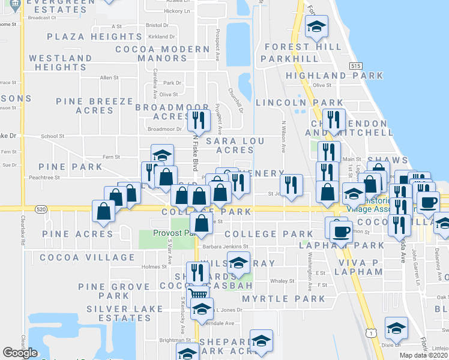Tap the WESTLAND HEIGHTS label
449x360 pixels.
click(61, 62)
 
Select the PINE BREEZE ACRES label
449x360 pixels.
click(94, 106)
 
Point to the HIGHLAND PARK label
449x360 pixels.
click(334, 76)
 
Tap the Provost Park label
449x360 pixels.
click(174, 233)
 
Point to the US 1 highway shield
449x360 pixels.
click(372, 332)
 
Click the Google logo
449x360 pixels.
click(20, 353)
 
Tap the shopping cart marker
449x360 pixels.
click(199, 293)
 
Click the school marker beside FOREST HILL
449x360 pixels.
click(316, 26)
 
